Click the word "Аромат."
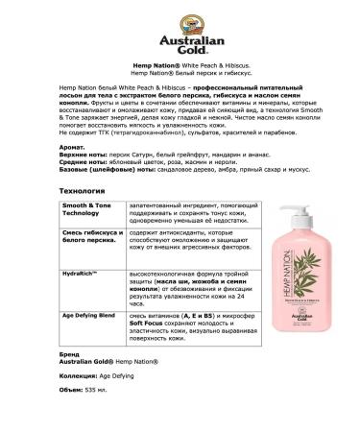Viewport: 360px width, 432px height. (70, 141)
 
